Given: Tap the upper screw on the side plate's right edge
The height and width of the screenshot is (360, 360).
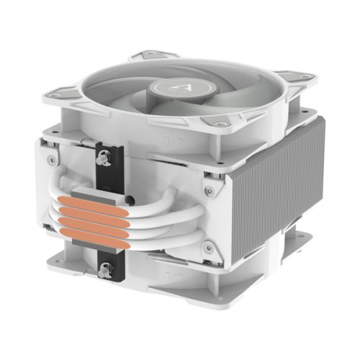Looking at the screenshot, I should pyautogui.click(x=208, y=192).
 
